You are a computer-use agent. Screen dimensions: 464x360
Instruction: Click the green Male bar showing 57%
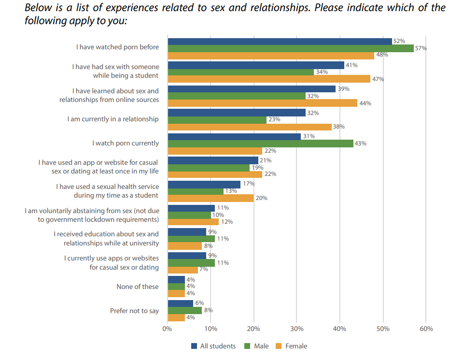pyautogui.click(x=291, y=48)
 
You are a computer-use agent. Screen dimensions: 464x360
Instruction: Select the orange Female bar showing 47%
pyautogui.click(x=269, y=79)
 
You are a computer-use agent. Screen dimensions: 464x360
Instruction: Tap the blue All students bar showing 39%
pyautogui.click(x=252, y=89)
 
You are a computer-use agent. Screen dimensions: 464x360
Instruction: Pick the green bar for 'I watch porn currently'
pyautogui.click(x=260, y=144)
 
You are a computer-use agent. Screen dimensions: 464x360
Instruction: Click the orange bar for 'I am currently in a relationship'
pyautogui.click(x=250, y=127)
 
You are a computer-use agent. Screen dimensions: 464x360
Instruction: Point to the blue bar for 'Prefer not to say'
pyautogui.click(x=180, y=303)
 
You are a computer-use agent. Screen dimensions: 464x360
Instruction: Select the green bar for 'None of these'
pyautogui.click(x=176, y=287)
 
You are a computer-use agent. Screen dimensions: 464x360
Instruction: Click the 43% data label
pyautogui.click(x=360, y=144)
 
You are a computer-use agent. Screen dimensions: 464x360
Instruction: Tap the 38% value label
pyautogui.click(x=339, y=127)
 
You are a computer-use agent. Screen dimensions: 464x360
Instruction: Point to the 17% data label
pyautogui.click(x=249, y=184)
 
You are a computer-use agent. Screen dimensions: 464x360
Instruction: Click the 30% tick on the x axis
pyautogui.click(x=296, y=329)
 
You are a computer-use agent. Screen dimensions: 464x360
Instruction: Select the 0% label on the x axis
pyautogui.click(x=167, y=329)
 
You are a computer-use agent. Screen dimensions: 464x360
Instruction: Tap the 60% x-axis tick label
pyautogui.click(x=426, y=329)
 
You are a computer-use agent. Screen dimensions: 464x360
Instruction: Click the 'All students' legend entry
pyautogui.click(x=213, y=346)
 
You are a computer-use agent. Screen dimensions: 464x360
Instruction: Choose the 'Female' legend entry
pyautogui.click(x=292, y=346)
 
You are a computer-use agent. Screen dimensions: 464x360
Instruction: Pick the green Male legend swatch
pyautogui.click(x=247, y=346)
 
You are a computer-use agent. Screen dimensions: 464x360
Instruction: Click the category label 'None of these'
pyautogui.click(x=137, y=287)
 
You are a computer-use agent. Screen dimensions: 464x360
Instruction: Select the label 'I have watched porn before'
pyautogui.click(x=117, y=47)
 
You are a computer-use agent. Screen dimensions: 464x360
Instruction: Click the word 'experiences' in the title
pyautogui.click(x=132, y=8)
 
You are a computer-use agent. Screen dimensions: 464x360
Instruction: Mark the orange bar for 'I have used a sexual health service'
pyautogui.click(x=211, y=198)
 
